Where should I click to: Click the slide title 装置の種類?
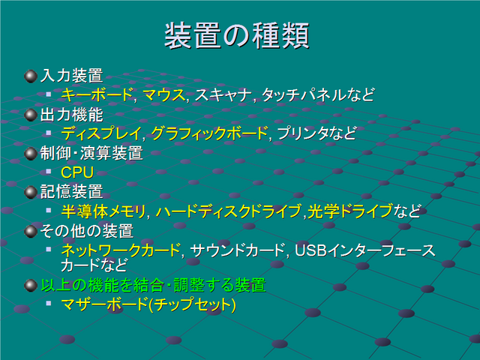[x=237, y=35]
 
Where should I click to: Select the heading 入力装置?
[x=72, y=76]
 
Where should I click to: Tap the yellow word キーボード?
[x=97, y=94]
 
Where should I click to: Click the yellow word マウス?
[x=163, y=94]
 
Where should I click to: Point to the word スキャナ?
[x=223, y=94]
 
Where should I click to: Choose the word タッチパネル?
[x=304, y=94]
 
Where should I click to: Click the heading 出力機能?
[x=72, y=115]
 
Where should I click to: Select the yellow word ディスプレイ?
[x=101, y=133]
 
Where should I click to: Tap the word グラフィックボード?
[x=209, y=133]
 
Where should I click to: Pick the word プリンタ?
[x=302, y=133]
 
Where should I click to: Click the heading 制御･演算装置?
[x=91, y=153]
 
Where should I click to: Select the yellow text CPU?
[x=77, y=172]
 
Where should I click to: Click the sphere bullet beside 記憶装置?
[x=31, y=192]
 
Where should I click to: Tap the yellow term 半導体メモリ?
[x=103, y=211]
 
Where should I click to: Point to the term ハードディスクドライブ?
[x=229, y=211]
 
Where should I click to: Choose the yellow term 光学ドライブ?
[x=350, y=211]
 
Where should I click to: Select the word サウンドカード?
[x=238, y=250]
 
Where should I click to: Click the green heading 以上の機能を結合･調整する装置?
[x=153, y=285]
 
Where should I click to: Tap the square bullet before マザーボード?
[x=48, y=303]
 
